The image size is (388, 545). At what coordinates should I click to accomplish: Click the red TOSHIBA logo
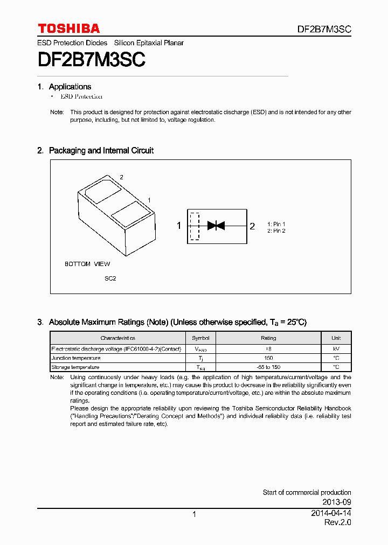(x=68, y=29)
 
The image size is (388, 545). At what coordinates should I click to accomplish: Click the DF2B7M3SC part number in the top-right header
(x=324, y=30)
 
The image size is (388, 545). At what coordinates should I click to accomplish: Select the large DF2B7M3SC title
(x=92, y=59)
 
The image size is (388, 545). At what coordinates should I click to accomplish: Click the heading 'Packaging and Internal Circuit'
(x=101, y=151)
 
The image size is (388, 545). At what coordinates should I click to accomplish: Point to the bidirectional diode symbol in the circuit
(x=216, y=226)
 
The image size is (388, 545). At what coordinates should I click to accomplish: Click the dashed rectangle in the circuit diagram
(x=195, y=226)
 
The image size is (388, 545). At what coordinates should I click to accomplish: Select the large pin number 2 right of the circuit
(x=252, y=226)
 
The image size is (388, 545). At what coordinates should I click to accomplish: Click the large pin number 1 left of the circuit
(x=179, y=226)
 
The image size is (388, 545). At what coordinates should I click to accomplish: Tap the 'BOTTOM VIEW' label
(x=87, y=264)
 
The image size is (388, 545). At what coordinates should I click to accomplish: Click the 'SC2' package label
(x=110, y=278)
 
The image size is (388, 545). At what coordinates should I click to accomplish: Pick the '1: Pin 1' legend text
(x=276, y=224)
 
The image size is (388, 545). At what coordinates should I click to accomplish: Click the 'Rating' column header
(x=268, y=338)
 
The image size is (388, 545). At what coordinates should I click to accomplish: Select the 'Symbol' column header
(x=200, y=338)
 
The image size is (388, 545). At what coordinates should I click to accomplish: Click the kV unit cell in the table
(x=336, y=349)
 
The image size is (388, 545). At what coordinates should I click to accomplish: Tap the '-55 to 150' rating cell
(x=268, y=367)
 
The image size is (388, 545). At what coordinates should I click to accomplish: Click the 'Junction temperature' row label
(x=76, y=358)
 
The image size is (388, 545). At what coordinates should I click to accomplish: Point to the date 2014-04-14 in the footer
(x=331, y=513)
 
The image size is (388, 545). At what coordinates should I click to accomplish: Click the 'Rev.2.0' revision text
(x=337, y=523)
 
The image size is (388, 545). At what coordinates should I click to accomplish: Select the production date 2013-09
(x=337, y=502)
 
